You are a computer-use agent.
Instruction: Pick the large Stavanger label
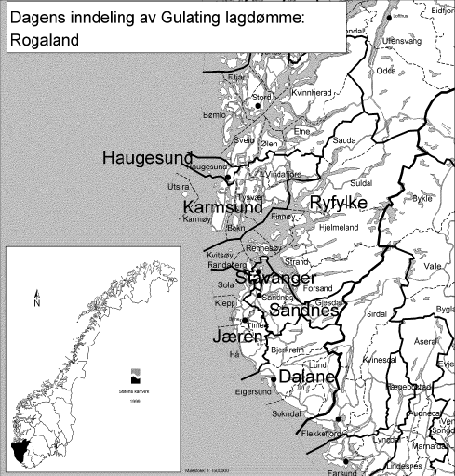tap(275, 278)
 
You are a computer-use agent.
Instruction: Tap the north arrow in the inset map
tap(35, 297)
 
